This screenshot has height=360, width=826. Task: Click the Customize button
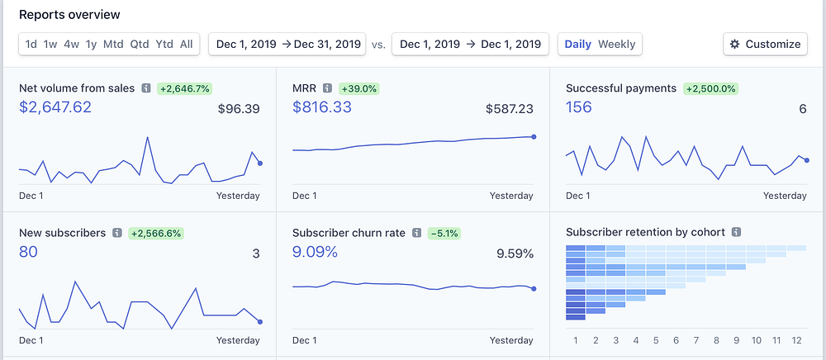765,44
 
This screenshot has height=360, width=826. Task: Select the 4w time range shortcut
71,44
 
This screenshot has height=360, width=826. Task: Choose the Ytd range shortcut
164,44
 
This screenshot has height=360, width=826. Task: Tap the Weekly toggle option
617,44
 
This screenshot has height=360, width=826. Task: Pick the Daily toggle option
578,44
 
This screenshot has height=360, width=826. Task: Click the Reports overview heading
69,15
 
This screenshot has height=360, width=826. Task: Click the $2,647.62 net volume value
55,107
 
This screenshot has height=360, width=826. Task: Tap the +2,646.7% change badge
183,88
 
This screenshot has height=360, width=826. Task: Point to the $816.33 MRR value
322,107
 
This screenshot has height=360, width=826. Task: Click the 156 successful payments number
578,107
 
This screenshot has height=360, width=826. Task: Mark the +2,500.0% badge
710,88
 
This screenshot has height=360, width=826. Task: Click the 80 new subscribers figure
28,252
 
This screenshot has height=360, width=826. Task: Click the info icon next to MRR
327,88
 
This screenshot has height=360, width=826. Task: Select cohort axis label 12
796,340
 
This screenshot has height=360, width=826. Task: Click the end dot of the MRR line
534,136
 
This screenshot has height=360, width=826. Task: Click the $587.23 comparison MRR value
510,108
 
